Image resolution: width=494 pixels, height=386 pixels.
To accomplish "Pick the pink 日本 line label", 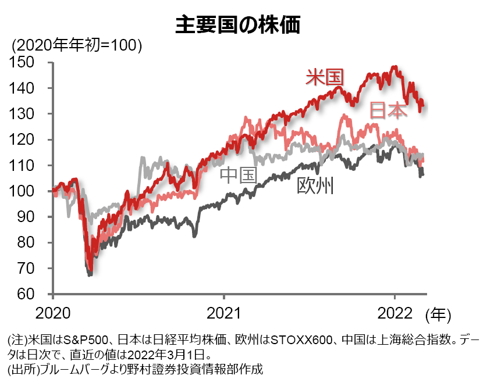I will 389,110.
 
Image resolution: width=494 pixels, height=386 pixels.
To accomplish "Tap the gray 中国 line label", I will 238,174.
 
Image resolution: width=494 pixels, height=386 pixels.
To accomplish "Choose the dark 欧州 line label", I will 315,185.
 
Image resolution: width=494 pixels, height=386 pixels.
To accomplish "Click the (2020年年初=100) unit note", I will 77,45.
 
